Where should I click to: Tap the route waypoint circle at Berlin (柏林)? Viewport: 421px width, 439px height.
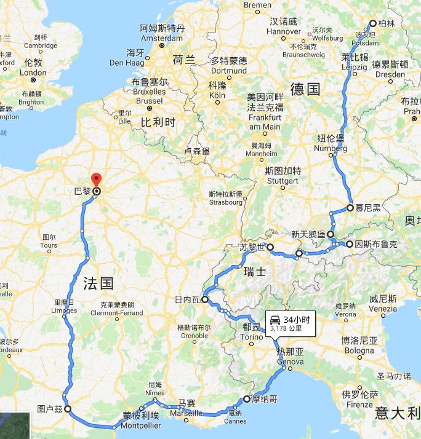tap(372, 24)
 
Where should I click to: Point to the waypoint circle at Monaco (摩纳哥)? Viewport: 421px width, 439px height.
tap(247, 398)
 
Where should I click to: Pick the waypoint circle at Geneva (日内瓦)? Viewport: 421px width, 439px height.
tap(204, 300)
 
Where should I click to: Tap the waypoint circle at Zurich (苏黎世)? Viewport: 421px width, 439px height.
tap(270, 247)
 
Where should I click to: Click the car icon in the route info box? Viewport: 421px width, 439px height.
tap(275, 319)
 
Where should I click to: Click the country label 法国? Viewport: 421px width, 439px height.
tap(98, 283)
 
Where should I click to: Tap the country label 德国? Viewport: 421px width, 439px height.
tap(305, 90)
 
